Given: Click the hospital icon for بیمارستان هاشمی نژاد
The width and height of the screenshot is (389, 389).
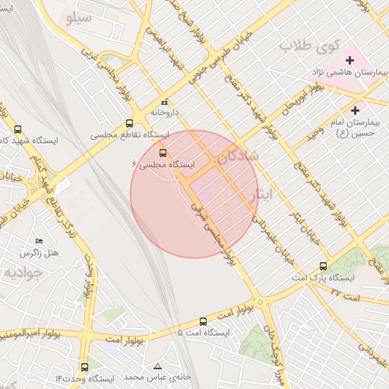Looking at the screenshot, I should coord(350,59).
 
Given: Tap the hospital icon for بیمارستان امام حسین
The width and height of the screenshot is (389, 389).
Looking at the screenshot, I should coord(355,110).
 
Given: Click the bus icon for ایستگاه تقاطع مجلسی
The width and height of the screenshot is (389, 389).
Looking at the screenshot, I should coord(128,123).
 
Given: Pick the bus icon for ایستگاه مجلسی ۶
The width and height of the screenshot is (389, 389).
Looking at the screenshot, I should coord(161,153).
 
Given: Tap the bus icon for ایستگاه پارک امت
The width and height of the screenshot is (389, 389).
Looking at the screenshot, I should coord(324,267).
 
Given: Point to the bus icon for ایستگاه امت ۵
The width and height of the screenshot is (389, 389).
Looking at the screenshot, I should coord(203,321).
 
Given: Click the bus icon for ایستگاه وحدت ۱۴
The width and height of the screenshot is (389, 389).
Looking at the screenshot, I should coord(85,365).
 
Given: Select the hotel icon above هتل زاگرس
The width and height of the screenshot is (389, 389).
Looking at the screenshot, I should coord(40,241).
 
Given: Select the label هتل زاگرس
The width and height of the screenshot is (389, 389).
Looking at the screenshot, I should coord(39,253).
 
